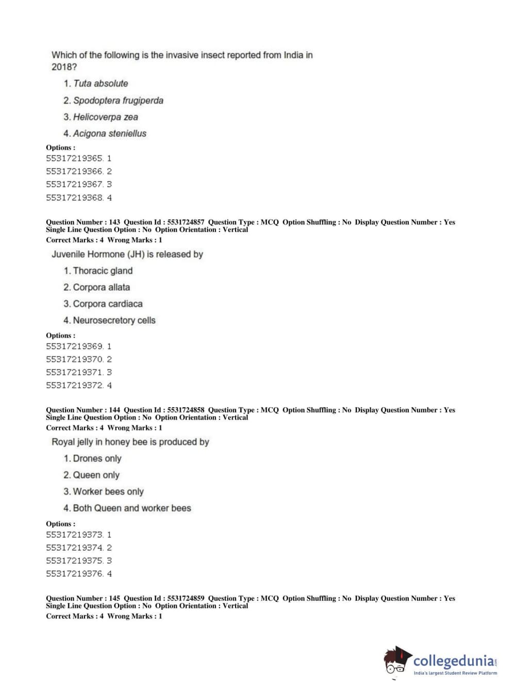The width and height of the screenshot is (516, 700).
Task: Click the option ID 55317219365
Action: pos(75,158)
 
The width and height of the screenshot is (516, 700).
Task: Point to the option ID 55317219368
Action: pos(75,198)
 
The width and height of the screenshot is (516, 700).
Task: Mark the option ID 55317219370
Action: pos(75,359)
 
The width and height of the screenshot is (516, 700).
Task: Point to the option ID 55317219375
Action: pos(75,561)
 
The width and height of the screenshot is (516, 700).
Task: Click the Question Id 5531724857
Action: pos(186,222)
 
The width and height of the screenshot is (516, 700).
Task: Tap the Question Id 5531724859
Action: pos(186,599)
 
